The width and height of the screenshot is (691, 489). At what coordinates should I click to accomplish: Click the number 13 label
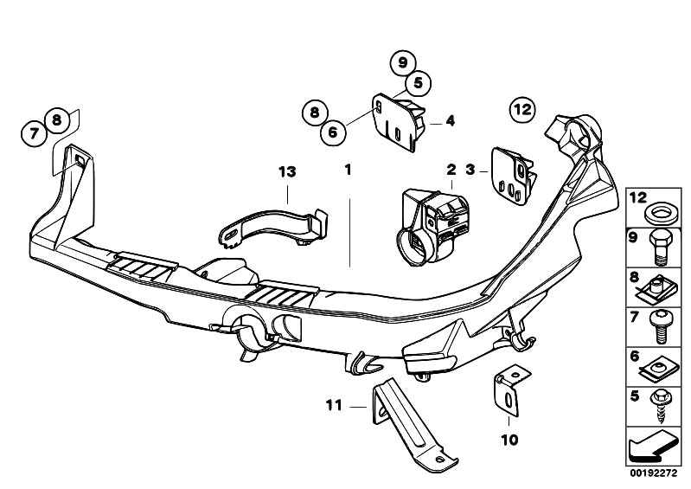pos(287,172)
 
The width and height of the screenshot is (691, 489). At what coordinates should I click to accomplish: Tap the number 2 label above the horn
pos(451,171)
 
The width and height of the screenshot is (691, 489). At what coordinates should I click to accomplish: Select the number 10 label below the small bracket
pos(509,440)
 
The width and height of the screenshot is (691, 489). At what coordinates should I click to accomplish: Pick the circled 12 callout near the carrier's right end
pos(522,109)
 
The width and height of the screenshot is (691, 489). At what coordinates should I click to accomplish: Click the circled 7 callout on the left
pos(33,133)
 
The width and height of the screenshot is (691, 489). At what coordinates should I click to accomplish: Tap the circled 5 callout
pos(418,83)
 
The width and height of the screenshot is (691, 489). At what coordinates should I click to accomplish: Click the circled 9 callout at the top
pos(400,62)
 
